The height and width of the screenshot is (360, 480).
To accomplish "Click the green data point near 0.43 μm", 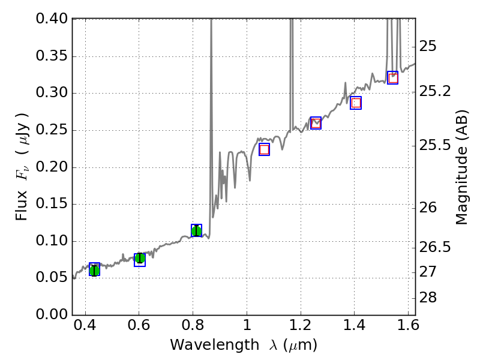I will (94, 270).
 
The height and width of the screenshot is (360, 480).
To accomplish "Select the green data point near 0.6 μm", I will (140, 259).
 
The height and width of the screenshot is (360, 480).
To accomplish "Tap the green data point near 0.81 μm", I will (196, 230).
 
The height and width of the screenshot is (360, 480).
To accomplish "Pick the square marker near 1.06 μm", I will (264, 149).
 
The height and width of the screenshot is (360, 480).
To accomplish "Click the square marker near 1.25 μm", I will (316, 123).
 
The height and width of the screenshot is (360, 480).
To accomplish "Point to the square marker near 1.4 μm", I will (356, 103).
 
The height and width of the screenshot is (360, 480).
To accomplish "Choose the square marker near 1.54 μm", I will (392, 77).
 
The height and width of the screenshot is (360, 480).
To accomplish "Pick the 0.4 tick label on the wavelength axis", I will (85, 327).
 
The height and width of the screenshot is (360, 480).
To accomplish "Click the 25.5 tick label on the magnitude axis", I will (436, 146).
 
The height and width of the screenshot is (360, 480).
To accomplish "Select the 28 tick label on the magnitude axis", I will (428, 298).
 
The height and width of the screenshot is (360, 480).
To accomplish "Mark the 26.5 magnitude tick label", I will (436, 248).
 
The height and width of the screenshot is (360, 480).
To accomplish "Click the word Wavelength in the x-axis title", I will (202, 345).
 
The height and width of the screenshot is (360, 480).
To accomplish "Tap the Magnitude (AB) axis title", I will (461, 167).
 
